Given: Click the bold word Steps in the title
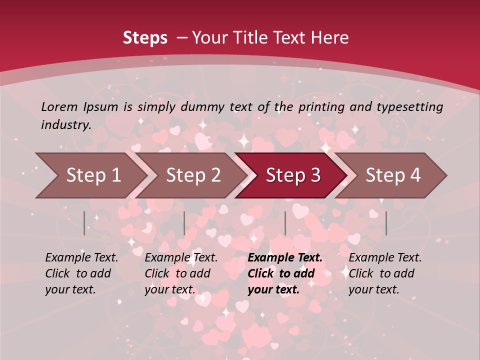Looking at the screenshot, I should pyautogui.click(x=145, y=38).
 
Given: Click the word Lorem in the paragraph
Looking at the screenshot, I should pyautogui.click(x=59, y=106).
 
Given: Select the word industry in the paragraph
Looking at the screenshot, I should pyautogui.click(x=65, y=124).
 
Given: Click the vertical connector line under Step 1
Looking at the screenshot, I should pyautogui.click(x=84, y=223).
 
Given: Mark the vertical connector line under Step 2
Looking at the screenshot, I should pyautogui.click(x=184, y=223).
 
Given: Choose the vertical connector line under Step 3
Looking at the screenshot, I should pyautogui.click(x=285, y=223).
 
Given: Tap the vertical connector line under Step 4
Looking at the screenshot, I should pyautogui.click(x=386, y=223).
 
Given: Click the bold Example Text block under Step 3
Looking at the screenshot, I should pyautogui.click(x=285, y=273).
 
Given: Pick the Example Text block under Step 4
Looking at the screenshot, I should pyautogui.click(x=385, y=273).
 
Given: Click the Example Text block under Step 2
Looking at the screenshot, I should pyautogui.click(x=181, y=273).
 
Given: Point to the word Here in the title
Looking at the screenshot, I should pyautogui.click(x=331, y=38).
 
